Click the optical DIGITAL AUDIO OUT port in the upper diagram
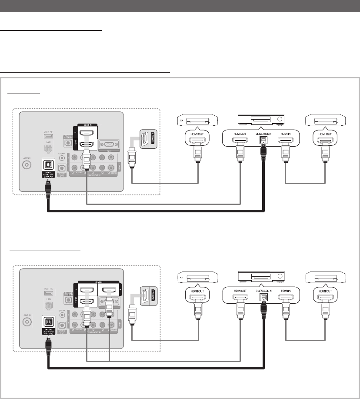point(48,165)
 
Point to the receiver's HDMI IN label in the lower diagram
point(286,290)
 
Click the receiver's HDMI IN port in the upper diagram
point(286,141)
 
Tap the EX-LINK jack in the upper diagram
point(62,158)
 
